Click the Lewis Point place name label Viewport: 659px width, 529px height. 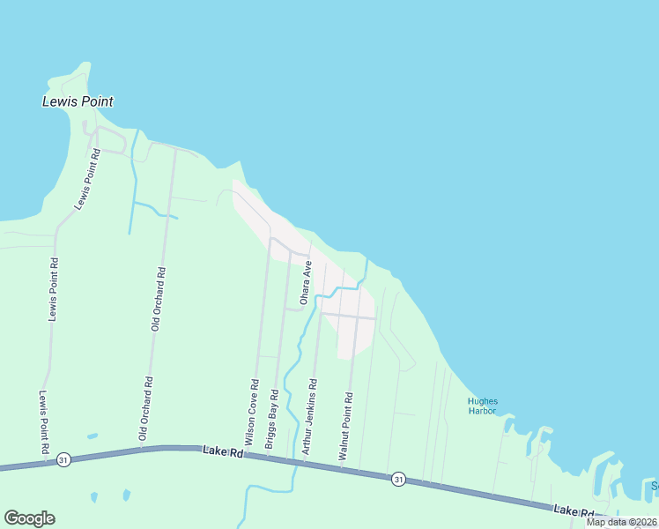78,101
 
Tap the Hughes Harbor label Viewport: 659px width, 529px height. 482,406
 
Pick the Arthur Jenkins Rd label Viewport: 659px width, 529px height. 309,417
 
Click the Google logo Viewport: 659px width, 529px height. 29,518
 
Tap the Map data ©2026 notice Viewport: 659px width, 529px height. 621,522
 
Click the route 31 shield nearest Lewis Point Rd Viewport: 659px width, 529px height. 63,460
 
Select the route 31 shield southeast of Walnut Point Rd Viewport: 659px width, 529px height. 399,479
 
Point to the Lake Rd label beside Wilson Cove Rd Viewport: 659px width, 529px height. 221,451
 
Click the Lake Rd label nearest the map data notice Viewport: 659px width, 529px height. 574,510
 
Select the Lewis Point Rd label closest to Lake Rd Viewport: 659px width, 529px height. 43,424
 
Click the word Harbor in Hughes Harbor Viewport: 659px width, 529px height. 482,411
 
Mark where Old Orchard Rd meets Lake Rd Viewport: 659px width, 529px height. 142,449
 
